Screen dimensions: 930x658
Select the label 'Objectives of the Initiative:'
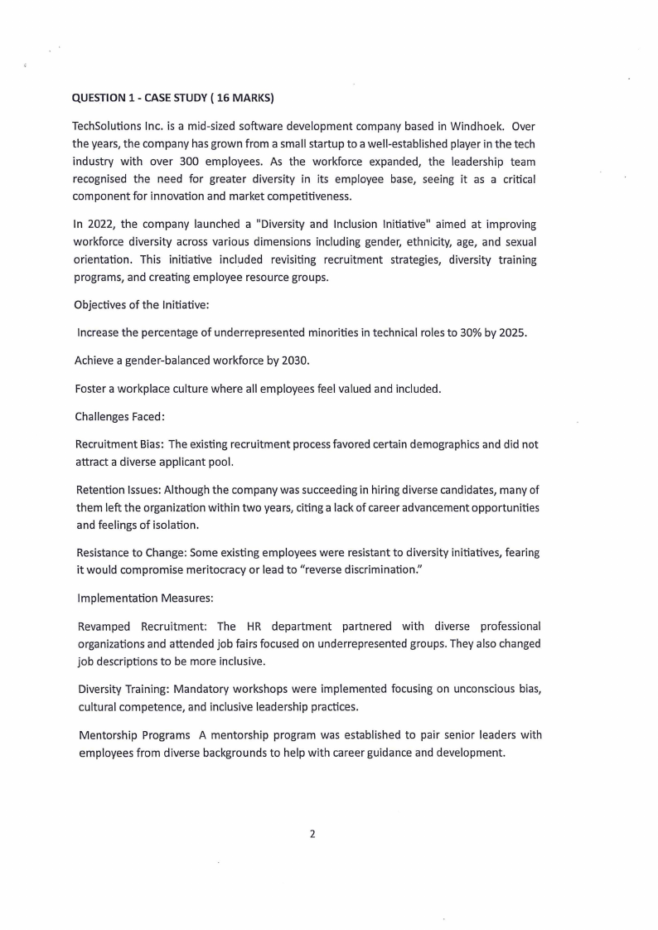click(x=142, y=305)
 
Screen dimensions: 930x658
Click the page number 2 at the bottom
click(x=312, y=834)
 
